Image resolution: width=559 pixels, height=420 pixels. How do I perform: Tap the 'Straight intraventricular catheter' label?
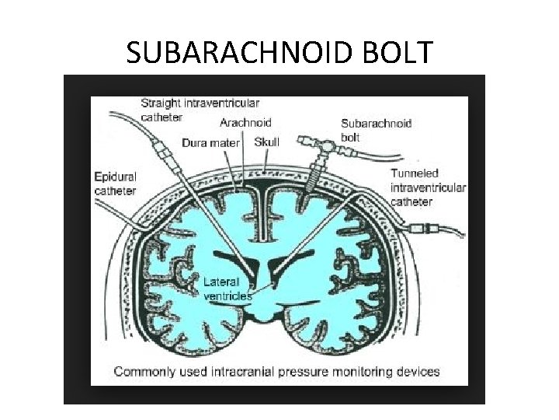coord(200,110)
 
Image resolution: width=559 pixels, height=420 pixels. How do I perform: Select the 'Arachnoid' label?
coord(246,123)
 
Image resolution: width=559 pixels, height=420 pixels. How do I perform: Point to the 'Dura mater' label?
coord(211,142)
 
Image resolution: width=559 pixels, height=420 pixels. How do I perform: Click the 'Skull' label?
coord(266,142)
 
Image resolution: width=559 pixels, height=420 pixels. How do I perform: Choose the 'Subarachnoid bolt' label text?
coord(376,130)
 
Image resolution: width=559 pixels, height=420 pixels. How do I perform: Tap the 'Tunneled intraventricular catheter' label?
coord(428,187)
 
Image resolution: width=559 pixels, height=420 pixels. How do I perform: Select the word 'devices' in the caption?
coord(417,371)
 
